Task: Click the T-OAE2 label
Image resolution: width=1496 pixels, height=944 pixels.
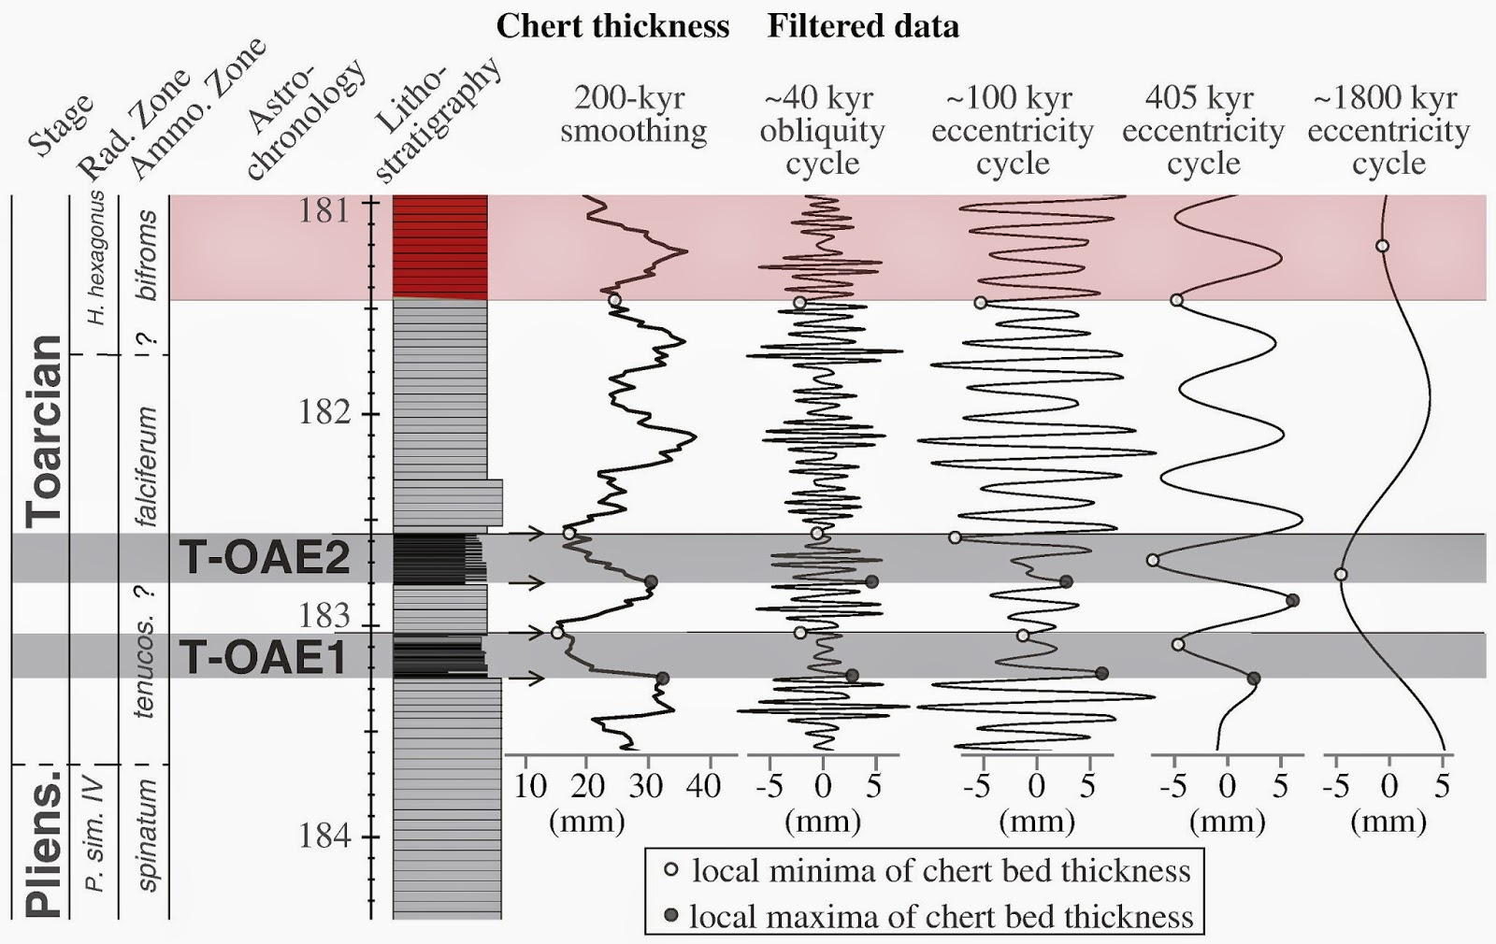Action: [265, 558]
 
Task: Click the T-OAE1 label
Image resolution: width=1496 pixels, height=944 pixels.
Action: [264, 657]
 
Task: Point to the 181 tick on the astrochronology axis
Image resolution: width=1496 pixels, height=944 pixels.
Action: [324, 210]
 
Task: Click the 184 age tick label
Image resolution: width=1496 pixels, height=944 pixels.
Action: [324, 835]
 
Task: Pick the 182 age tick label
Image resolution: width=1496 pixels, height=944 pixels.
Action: [324, 411]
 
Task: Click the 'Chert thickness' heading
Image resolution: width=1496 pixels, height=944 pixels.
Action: [612, 26]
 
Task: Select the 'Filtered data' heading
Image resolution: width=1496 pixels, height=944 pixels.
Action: [863, 26]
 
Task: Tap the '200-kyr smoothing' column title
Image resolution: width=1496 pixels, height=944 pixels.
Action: [633, 114]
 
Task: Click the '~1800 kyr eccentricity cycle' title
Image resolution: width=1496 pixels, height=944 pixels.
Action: [1388, 130]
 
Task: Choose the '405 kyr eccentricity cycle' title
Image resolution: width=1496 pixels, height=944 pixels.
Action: [1202, 130]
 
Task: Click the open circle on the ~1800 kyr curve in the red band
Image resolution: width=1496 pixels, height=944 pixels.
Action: [1382, 247]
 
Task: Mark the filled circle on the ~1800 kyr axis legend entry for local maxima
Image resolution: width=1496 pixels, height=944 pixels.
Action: [670, 915]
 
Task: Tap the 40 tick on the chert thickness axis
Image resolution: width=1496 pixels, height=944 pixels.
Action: [703, 786]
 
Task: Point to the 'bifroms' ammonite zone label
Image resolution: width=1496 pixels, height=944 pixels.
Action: [147, 254]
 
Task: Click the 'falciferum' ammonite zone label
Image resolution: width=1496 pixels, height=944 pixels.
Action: [147, 466]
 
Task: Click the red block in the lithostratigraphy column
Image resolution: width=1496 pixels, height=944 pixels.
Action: [439, 247]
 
